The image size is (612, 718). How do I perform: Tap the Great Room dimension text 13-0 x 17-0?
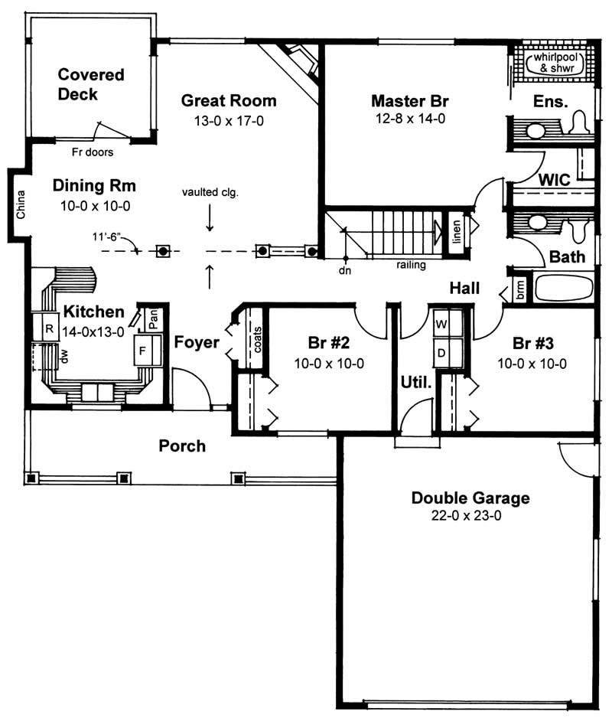click(229, 121)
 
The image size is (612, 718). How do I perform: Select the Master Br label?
click(409, 100)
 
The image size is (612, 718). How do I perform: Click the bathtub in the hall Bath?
click(564, 288)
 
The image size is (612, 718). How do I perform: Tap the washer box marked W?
click(441, 322)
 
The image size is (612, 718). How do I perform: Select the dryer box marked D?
click(441, 352)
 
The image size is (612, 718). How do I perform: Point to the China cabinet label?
click(20, 204)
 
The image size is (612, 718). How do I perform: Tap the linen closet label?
click(456, 228)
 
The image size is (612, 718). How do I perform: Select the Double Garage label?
click(470, 498)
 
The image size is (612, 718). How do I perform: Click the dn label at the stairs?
click(345, 270)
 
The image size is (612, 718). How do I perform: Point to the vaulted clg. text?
click(210, 193)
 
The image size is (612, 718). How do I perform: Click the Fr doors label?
click(93, 152)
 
